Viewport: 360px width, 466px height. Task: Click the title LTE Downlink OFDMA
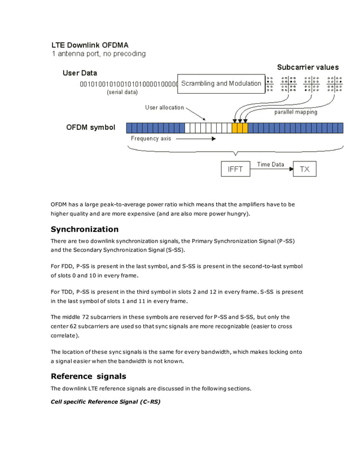coord(90,44)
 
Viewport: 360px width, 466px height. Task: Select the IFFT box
coord(235,169)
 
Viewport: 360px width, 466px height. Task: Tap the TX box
coord(304,169)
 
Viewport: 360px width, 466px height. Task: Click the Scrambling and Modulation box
coord(221,83)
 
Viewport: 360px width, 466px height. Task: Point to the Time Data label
coord(271,164)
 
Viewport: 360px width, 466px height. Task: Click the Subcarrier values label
coord(308,67)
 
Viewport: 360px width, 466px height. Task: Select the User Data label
coord(80,73)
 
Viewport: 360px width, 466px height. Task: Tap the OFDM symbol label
coord(91,128)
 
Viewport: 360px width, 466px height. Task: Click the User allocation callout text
coord(164,107)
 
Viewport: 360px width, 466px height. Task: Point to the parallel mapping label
coord(296,112)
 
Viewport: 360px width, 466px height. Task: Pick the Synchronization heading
coord(85,229)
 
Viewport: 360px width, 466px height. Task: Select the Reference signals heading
coord(88,376)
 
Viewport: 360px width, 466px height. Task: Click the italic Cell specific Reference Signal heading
coord(106,402)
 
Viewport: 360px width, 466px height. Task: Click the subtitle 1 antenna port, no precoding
coord(99,54)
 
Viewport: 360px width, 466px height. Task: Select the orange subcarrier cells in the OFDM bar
coord(240,128)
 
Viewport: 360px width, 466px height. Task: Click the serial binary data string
coord(128,84)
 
